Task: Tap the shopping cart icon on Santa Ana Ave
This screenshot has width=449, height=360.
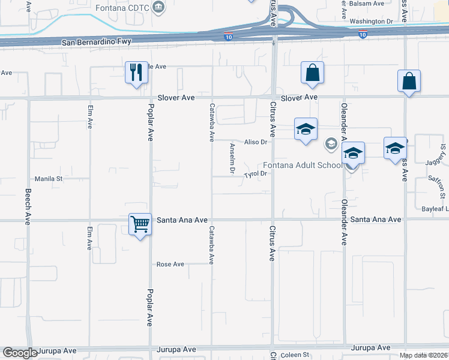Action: (140, 225)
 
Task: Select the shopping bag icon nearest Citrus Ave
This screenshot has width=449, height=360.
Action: (312, 73)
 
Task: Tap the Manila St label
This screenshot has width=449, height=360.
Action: (49, 179)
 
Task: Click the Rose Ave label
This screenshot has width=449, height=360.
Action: (170, 264)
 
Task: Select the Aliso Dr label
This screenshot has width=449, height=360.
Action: (255, 142)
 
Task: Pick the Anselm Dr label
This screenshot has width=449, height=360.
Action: (232, 158)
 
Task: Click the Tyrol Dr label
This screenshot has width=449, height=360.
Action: (255, 175)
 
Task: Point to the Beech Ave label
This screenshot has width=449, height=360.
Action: (28, 207)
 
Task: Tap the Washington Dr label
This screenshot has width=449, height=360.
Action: (370, 21)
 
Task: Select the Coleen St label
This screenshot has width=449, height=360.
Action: (294, 355)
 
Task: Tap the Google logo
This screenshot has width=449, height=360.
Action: (20, 353)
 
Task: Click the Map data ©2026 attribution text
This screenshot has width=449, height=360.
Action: (423, 355)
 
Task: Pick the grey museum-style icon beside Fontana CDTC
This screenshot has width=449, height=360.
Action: (158, 8)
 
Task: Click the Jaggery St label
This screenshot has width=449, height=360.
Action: (443, 157)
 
